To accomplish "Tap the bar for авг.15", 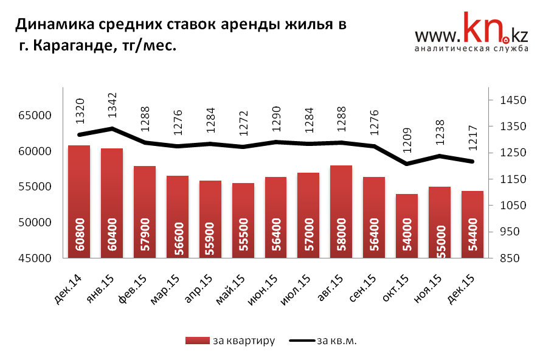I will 341,211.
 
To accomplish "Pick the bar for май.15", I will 243,220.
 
